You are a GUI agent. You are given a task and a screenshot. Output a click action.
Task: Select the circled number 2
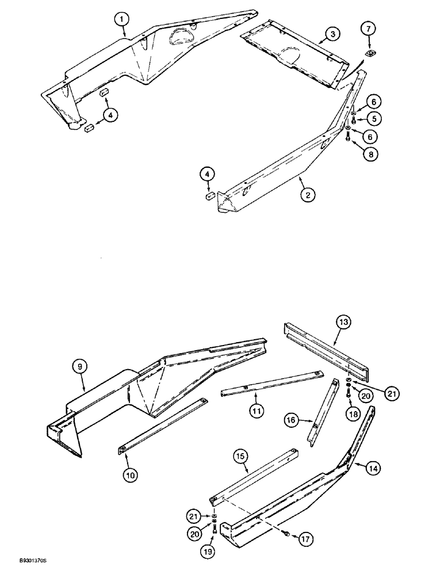(308, 195)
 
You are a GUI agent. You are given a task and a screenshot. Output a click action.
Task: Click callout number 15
(240, 455)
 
